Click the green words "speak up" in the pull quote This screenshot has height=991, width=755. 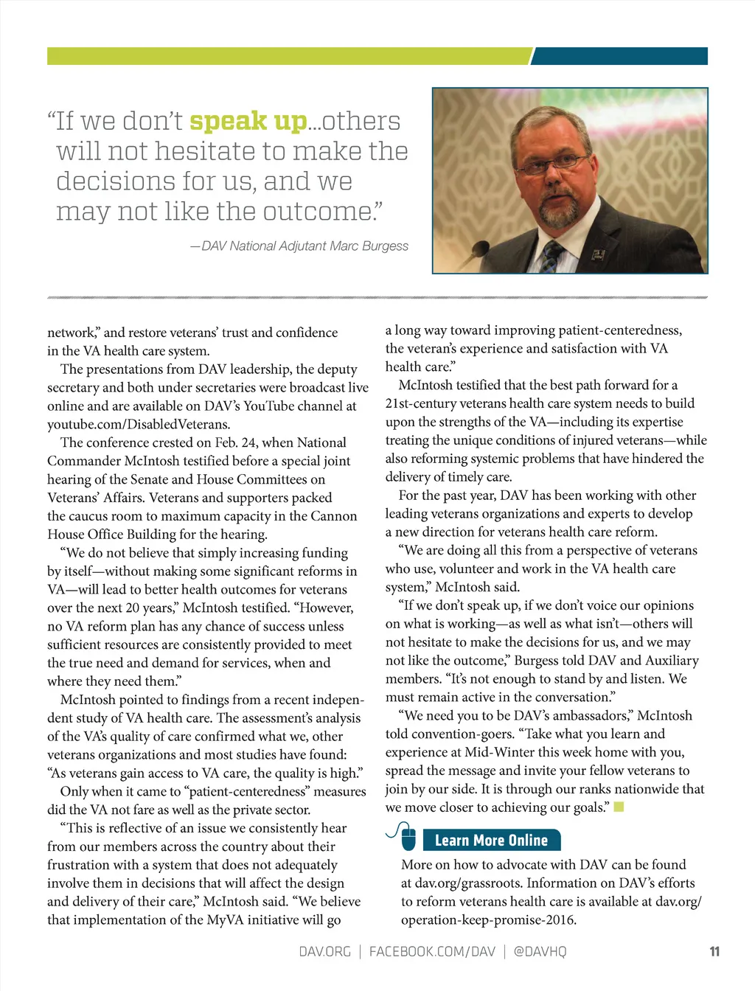pyautogui.click(x=248, y=122)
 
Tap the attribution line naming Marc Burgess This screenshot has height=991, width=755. pyautogui.click(x=299, y=246)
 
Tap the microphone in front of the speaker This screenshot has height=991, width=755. pyautogui.click(x=479, y=247)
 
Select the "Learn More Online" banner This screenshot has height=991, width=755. pyautogui.click(x=491, y=841)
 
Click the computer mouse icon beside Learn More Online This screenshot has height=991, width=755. pyautogui.click(x=407, y=837)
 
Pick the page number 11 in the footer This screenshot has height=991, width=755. pyautogui.click(x=714, y=951)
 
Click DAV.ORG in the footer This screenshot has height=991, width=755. pyautogui.click(x=324, y=951)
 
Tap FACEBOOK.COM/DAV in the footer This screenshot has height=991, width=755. pyautogui.click(x=432, y=951)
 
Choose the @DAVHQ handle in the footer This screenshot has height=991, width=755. pyautogui.click(x=540, y=951)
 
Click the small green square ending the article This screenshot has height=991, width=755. pyautogui.click(x=619, y=807)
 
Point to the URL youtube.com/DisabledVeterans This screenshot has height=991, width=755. pyautogui.click(x=139, y=424)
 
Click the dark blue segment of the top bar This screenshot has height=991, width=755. pyautogui.click(x=619, y=56)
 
